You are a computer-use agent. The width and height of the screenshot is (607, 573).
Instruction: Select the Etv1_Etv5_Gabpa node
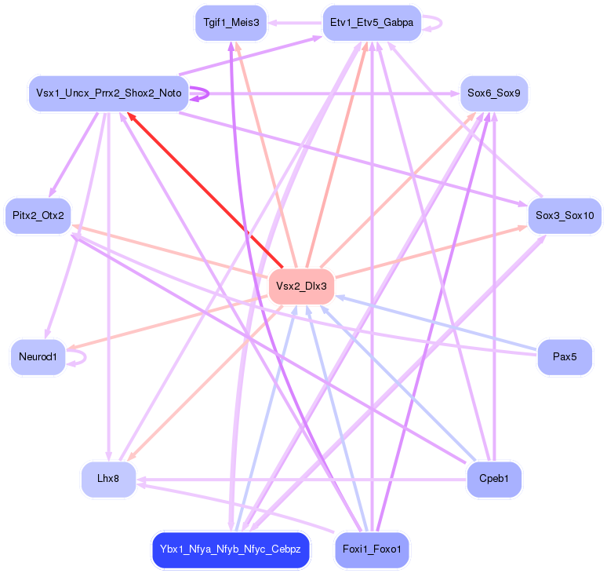(372, 23)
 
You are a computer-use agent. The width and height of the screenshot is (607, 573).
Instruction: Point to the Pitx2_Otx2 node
(38, 215)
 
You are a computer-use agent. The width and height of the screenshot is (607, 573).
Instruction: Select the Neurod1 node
(38, 358)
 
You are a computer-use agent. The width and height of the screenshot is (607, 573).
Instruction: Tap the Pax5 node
(565, 357)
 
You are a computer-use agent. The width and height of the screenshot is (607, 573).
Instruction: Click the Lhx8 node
(109, 480)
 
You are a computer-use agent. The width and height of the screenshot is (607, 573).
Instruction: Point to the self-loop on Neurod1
(81, 357)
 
